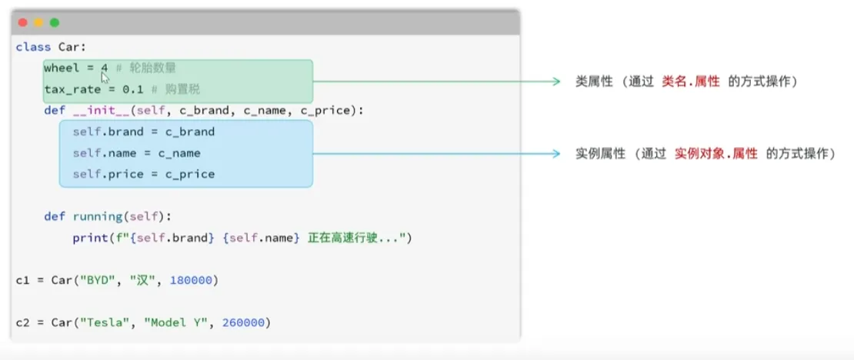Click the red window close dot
pos(23,23)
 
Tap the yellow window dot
pos(38,23)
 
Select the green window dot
pos(55,23)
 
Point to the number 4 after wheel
pos(104,68)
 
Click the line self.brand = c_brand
pos(144,132)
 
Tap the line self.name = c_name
pos(137,153)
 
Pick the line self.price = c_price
pos(144,175)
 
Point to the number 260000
pos(247,322)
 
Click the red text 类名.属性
pos(691,82)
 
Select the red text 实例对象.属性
pos(716,154)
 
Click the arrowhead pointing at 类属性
pos(557,82)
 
